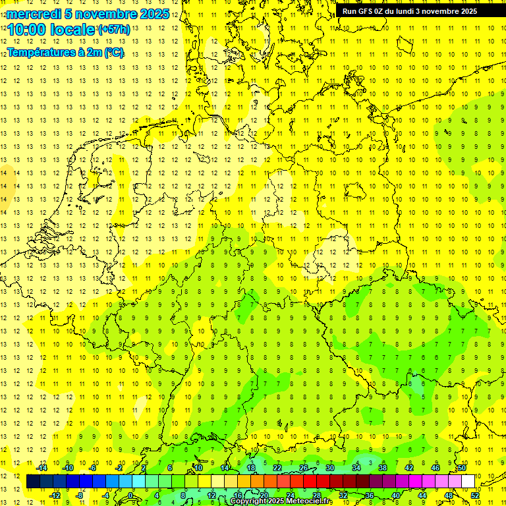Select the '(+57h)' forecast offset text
pos(114,30)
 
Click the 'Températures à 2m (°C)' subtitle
pos(65,53)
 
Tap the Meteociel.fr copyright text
pos(282,501)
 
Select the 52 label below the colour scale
pos(474,495)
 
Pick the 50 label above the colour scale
pos(461,468)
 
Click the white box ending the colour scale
pos(468,482)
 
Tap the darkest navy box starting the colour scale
pos(33,482)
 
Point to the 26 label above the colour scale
pos(303,468)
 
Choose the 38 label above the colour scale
pos(382,468)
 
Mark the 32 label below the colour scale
pos(343,495)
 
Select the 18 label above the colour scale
pos(250,468)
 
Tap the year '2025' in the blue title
pos(153,14)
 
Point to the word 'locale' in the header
pos(74,30)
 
